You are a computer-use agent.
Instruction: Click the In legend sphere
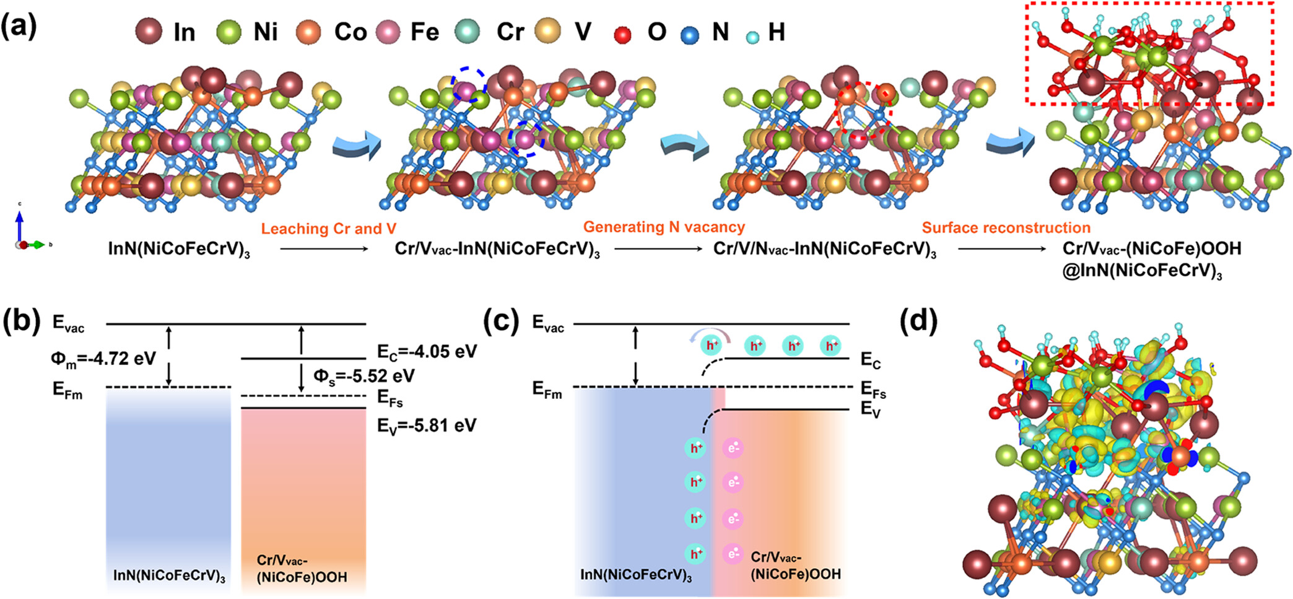(x=149, y=31)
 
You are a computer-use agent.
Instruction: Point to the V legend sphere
(x=548, y=31)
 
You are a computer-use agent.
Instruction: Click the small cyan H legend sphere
(x=752, y=37)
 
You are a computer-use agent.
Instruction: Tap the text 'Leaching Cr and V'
(x=328, y=229)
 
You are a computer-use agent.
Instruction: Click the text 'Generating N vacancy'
(x=664, y=227)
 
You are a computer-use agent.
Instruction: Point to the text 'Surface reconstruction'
(x=1006, y=228)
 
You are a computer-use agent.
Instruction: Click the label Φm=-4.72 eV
(x=103, y=359)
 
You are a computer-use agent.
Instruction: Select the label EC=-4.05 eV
(x=427, y=352)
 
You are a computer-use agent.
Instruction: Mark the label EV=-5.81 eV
(x=427, y=426)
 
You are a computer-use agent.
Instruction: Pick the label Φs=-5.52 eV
(x=364, y=377)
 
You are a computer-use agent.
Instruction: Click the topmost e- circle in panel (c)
(x=733, y=448)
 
